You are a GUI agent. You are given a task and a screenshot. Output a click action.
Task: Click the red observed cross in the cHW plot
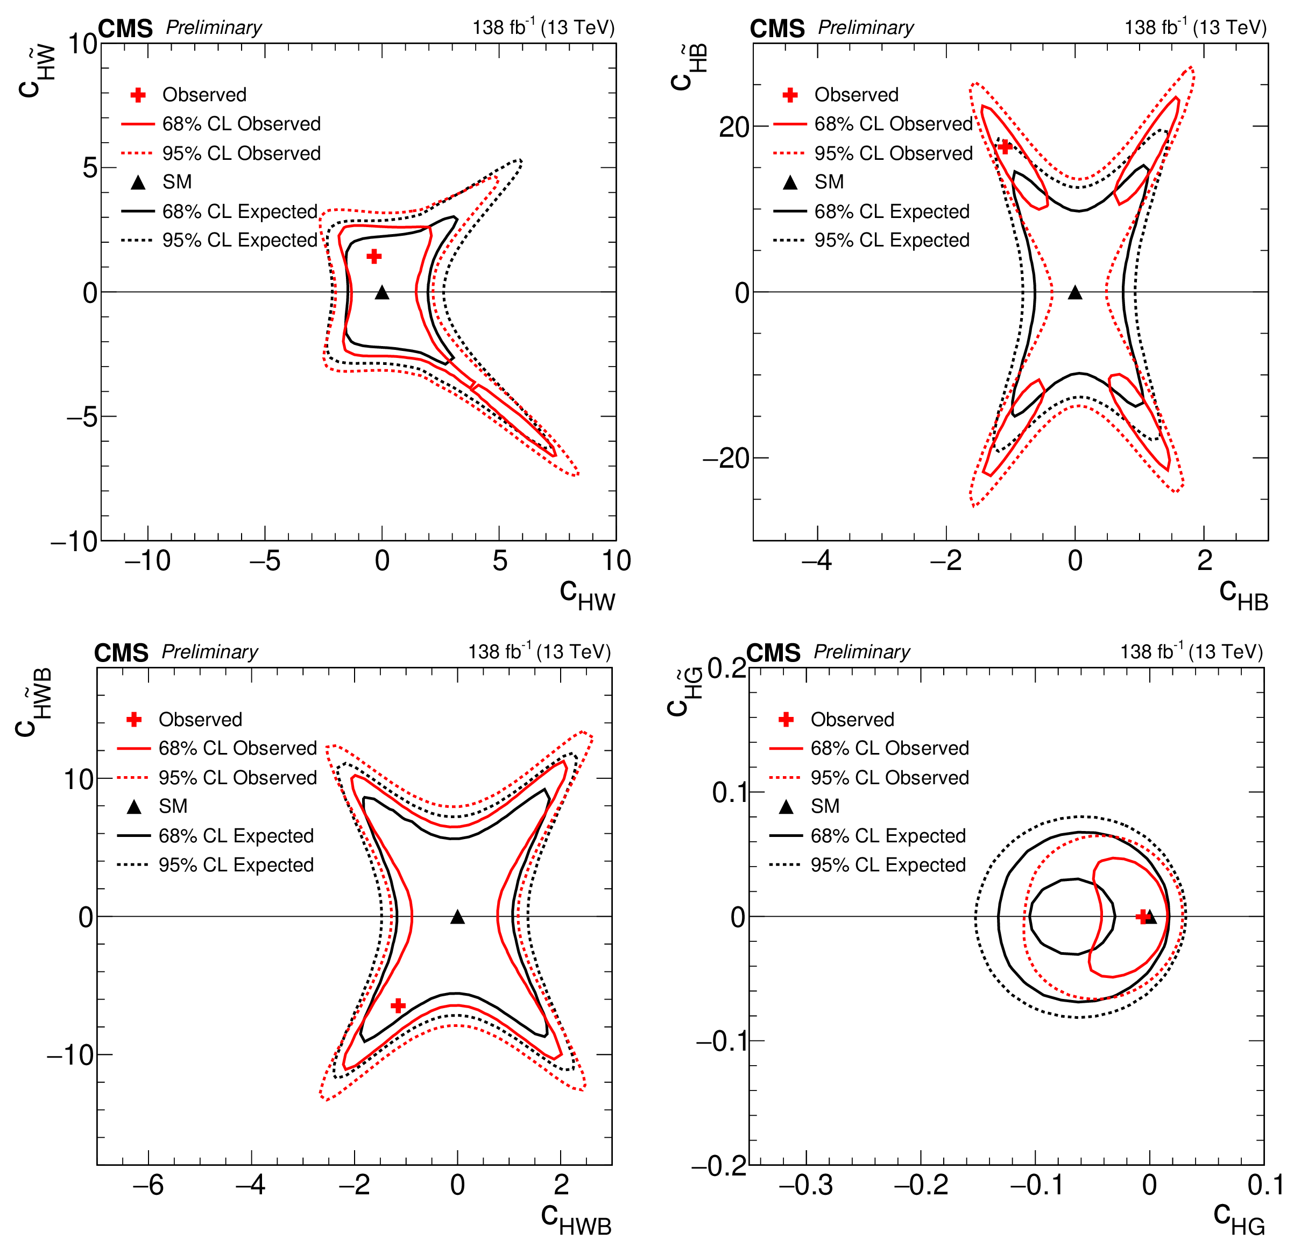(x=374, y=256)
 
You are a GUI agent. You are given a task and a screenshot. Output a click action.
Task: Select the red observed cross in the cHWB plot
(x=398, y=1006)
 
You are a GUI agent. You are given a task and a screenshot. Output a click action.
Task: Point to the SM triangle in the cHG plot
(x=1150, y=917)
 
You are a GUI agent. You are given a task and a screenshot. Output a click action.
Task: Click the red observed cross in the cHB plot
(x=1005, y=146)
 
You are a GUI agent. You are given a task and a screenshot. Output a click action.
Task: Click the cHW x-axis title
(x=587, y=592)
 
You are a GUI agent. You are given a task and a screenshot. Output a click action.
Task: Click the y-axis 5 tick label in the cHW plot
(x=90, y=168)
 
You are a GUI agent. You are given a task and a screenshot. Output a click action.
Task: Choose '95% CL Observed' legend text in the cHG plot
(x=889, y=777)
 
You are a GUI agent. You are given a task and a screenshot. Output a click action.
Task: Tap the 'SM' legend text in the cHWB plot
(x=173, y=806)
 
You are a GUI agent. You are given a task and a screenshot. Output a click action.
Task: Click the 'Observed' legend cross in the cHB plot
(x=790, y=95)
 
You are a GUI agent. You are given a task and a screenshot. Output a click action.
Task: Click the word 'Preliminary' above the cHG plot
(x=861, y=652)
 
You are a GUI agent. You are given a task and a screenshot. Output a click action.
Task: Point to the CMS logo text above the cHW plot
(x=125, y=29)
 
